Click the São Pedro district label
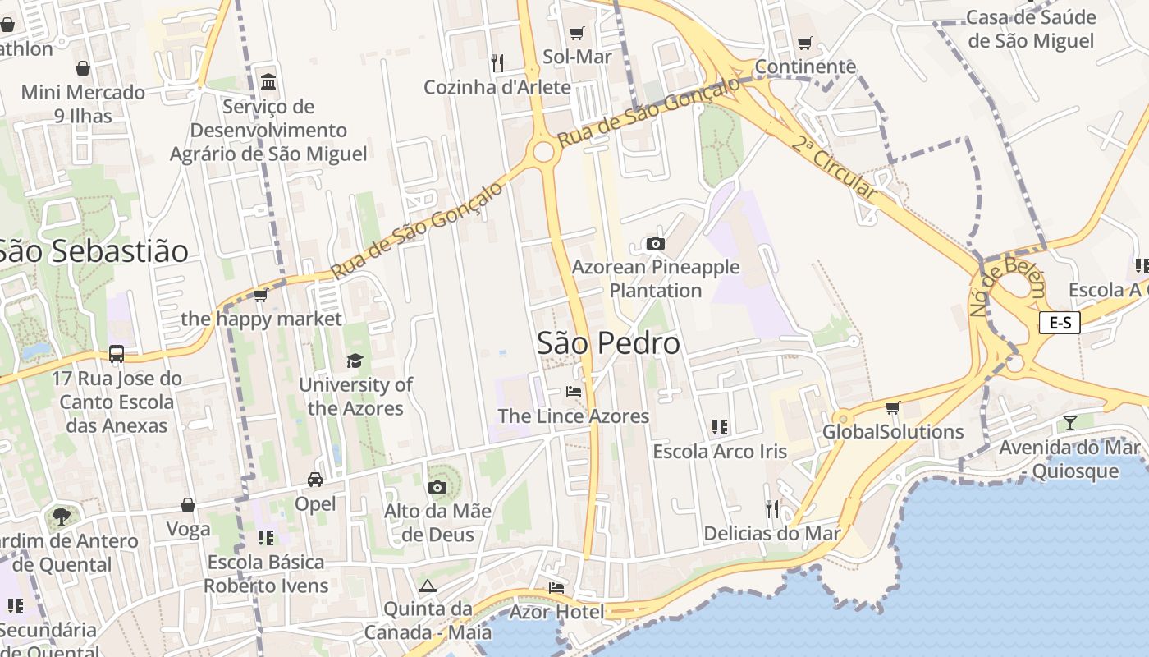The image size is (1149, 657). tap(608, 343)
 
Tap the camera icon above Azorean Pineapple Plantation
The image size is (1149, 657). tap(655, 243)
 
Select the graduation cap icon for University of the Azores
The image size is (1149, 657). tap(355, 361)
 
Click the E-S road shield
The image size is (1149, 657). tap(1060, 323)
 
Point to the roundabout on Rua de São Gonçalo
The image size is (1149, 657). tap(542, 152)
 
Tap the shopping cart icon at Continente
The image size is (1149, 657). tap(804, 43)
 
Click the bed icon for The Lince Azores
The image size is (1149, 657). tap(574, 392)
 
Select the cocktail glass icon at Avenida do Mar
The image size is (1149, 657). tap(1069, 423)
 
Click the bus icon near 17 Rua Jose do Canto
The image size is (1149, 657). tap(117, 354)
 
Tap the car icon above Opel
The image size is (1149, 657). tap(315, 479)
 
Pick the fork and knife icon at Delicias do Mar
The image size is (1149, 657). tap(771, 509)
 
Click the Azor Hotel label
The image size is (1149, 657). tap(556, 612)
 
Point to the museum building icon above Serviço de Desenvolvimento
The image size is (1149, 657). tap(268, 81)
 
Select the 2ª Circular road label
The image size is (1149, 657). tap(835, 168)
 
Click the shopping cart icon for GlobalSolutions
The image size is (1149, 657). tap(893, 407)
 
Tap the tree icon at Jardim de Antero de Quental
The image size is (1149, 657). tap(61, 517)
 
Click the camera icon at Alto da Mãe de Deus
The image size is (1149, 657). tap(437, 487)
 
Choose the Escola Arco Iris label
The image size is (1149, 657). tap(719, 452)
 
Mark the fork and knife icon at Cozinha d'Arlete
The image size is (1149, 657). tap(497, 62)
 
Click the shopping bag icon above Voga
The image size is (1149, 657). tap(188, 505)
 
